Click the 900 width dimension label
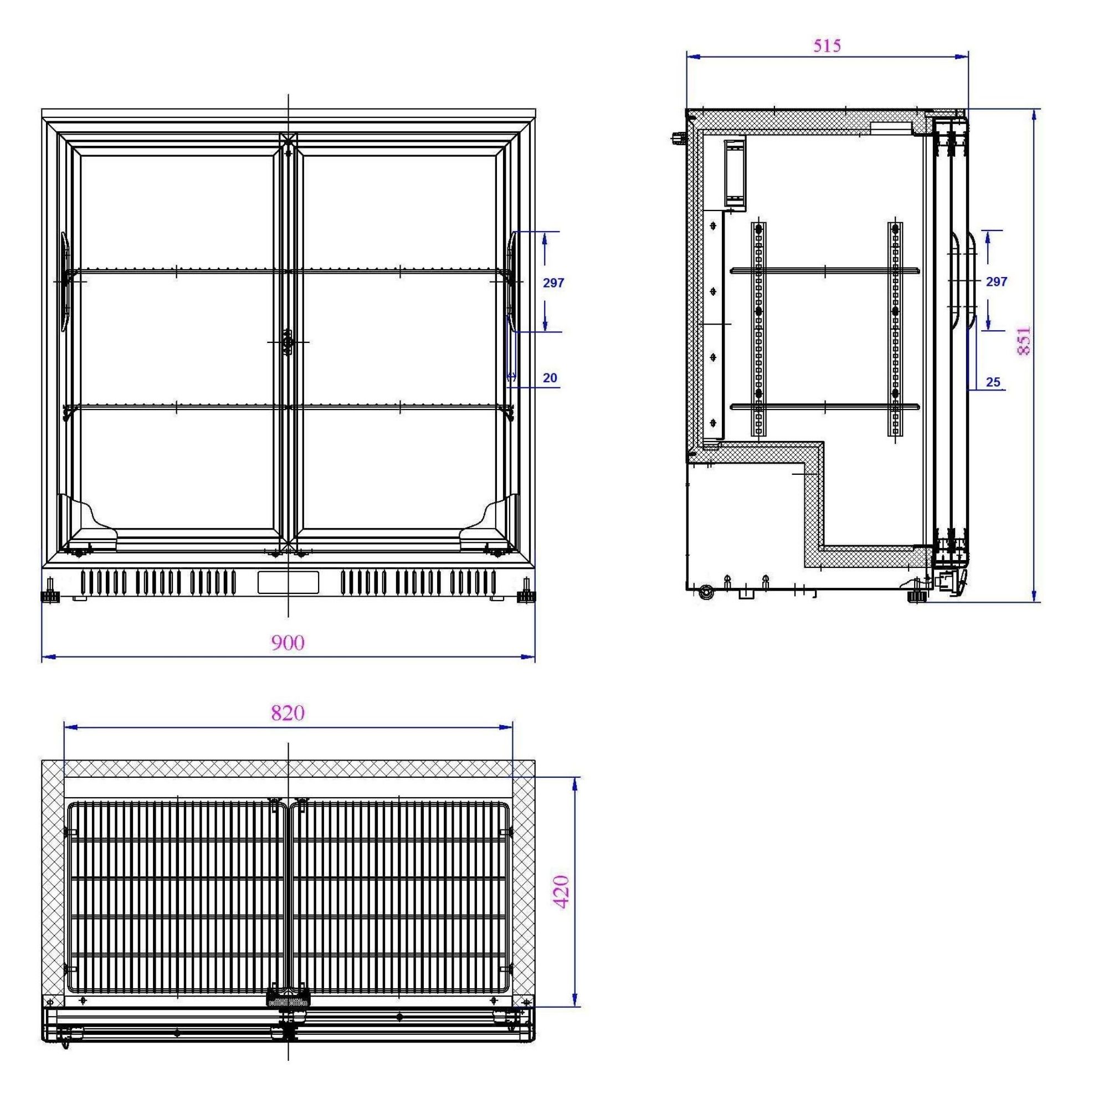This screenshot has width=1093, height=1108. pos(288,643)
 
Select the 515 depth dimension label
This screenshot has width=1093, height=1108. pos(827,46)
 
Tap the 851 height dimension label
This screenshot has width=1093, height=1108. pos(1024,341)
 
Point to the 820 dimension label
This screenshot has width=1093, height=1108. pos(288,713)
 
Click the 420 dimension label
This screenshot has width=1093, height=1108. pos(562,892)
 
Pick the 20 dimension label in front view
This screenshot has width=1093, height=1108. pos(550,378)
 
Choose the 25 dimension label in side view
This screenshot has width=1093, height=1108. pos(993,382)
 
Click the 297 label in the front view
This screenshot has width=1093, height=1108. pos(553,283)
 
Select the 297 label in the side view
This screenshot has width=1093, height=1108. pos(997,281)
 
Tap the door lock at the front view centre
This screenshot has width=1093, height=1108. pos(288,342)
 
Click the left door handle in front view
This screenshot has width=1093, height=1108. pos(65,281)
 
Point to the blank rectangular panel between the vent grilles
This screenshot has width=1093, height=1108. pos(288,582)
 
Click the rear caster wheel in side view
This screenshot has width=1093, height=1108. pos(706,592)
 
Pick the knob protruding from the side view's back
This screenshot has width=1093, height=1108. pos(679,137)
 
